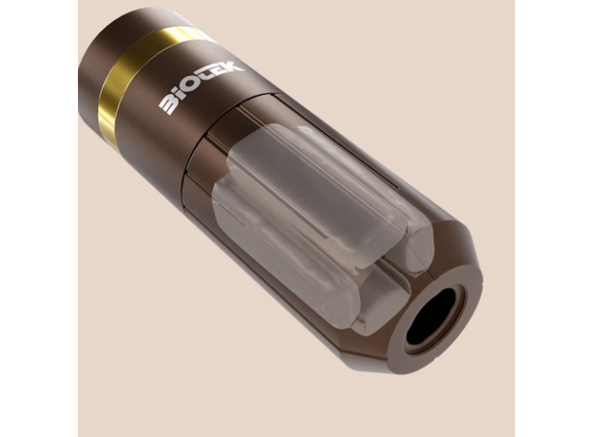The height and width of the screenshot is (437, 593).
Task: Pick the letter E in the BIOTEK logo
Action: coord(221,73)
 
